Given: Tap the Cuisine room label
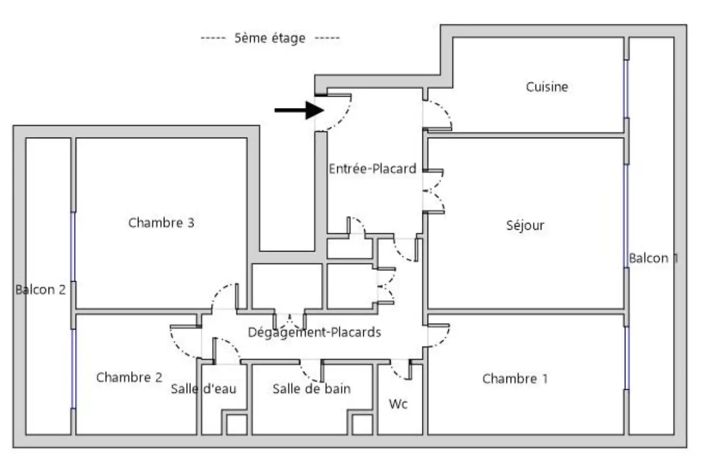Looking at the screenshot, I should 547,87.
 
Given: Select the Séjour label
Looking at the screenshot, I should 525,226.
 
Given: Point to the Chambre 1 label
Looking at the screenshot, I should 515,379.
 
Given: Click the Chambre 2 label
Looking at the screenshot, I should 129,377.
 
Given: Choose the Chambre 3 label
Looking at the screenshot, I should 161,223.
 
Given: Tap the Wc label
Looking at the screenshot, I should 398,404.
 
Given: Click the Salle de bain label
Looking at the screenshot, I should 311,389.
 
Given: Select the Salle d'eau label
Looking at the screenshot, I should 204,389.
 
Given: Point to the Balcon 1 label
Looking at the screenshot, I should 653,258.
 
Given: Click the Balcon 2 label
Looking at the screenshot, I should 41,290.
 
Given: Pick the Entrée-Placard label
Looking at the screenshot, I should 373,169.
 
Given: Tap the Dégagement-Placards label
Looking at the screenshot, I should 315,332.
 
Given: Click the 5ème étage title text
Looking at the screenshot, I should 270,38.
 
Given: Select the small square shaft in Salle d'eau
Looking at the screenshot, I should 236,425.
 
